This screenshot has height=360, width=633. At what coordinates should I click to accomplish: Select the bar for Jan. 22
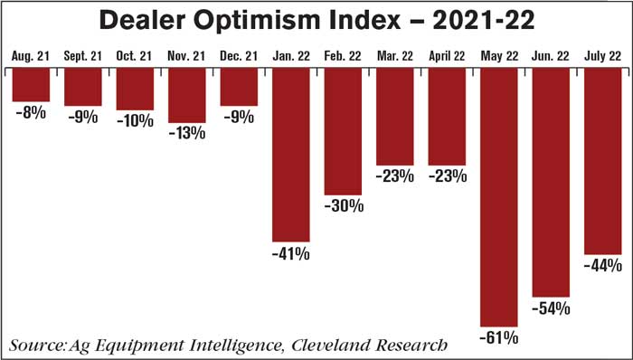(x=291, y=154)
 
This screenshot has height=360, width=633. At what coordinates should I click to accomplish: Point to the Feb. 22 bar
(x=344, y=131)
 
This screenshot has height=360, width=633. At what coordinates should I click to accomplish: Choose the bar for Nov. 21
(x=187, y=95)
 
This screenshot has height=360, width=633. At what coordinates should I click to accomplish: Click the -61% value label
(x=499, y=338)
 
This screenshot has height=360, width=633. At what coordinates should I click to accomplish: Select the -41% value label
(x=291, y=255)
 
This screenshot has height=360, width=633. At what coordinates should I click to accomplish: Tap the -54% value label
(x=551, y=308)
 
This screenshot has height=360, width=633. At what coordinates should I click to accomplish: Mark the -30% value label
(x=344, y=206)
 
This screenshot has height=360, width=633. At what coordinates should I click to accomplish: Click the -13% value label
(x=187, y=133)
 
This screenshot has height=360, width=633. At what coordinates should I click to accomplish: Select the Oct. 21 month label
(x=135, y=57)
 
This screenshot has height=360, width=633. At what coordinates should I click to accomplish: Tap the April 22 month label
(x=447, y=57)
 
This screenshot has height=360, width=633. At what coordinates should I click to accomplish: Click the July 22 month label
(x=602, y=57)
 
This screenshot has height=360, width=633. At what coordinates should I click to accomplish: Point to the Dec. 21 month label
(x=239, y=57)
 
